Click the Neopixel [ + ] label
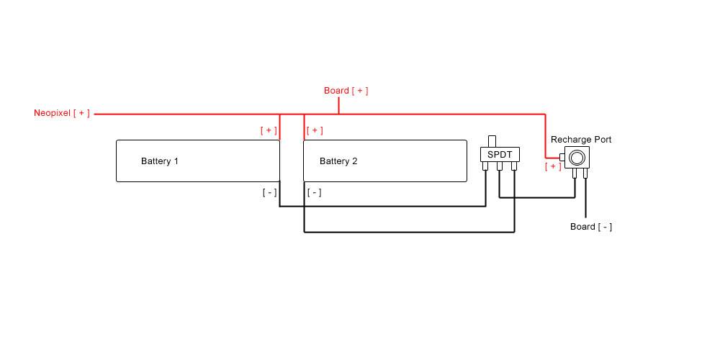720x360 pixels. point(62,114)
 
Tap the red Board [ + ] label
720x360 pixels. point(346,91)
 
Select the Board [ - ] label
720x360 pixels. point(591,227)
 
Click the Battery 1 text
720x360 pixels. point(160,161)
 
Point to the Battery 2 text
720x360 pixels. point(338,161)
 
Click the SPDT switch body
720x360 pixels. point(500,154)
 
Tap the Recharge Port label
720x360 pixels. point(581,139)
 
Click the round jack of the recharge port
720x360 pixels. point(577,157)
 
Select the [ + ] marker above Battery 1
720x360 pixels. point(269,130)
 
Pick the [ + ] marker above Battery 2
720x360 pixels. point(315,130)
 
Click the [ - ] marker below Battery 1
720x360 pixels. point(269,192)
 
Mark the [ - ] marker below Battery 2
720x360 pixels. point(314,192)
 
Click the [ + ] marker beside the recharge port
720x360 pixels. point(553,166)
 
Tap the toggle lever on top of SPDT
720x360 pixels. point(492,140)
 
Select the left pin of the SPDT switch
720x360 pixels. point(486,167)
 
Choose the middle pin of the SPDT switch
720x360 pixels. point(500,167)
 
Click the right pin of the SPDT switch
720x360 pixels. point(514,167)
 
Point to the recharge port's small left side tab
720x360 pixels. point(562,157)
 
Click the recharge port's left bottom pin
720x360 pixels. point(574,173)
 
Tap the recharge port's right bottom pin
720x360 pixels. point(585,173)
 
